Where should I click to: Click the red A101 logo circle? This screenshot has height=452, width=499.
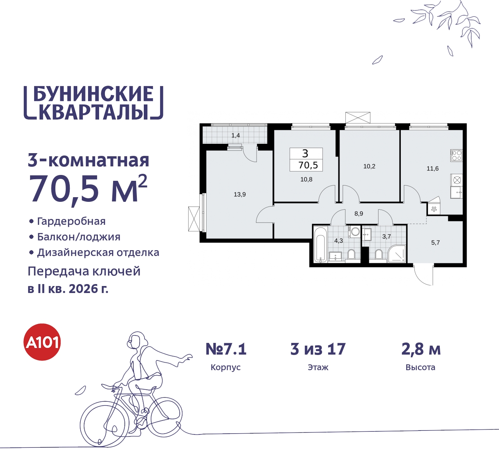coord(42,342)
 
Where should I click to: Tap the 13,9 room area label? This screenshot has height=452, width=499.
coord(240,194)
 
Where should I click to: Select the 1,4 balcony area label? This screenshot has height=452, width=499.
coord(235,136)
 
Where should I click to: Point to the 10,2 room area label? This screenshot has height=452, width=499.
coord(369,166)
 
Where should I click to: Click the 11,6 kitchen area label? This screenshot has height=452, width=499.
coord(432,169)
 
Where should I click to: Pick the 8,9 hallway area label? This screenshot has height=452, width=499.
coord(359,214)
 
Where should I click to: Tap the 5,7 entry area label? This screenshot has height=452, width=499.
coord(435,243)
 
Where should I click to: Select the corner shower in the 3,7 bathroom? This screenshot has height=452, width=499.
coord(397,254)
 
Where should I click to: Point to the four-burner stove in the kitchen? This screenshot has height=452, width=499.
coord(457,155)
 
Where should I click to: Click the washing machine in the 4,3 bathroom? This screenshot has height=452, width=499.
coord(355,232)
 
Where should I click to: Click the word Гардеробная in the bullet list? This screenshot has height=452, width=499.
coord(71,221)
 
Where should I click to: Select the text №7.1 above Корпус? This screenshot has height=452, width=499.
coord(226,349)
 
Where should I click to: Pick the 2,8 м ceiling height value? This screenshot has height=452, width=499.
coord(421,349)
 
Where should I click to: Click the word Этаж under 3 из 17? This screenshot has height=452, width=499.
coord(318,367)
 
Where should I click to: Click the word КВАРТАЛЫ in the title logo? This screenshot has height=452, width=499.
coord(94,112)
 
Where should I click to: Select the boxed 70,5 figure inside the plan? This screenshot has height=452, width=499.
coord(308,165)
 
